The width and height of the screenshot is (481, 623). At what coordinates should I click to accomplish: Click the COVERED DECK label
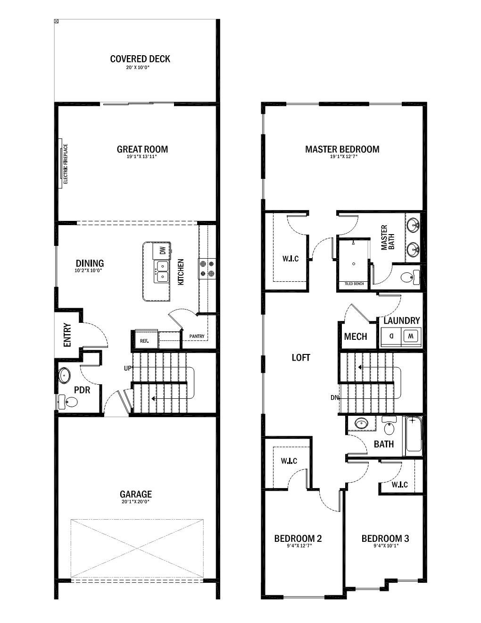point(140,59)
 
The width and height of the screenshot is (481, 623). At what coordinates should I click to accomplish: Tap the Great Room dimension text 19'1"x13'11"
point(142,157)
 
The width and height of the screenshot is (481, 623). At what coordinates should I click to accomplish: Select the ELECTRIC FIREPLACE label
point(66,164)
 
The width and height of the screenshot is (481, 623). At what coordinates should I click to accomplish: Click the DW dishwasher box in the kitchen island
point(162,251)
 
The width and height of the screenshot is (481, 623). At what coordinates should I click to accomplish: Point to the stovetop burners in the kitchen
point(207,269)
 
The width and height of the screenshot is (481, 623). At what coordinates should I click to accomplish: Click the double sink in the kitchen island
point(161,271)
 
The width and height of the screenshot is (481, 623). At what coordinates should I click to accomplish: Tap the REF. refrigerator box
point(146,339)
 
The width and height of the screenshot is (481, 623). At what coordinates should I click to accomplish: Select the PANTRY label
point(197,337)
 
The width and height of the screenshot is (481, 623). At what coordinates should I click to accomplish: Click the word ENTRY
point(67,335)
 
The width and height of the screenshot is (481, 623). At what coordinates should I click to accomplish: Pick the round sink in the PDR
point(64,375)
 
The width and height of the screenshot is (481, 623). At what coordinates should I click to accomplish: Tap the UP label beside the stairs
point(127,369)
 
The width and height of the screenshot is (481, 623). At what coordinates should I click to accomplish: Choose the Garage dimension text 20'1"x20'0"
point(135,502)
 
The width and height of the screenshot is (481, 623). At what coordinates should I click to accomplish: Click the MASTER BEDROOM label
point(342,149)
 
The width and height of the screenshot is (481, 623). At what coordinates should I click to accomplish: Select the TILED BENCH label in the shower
point(354,284)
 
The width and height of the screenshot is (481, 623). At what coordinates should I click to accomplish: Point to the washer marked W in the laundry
point(411,336)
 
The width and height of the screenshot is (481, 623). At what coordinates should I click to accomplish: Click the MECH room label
point(356,337)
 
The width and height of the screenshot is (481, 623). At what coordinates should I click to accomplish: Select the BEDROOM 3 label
point(385,539)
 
